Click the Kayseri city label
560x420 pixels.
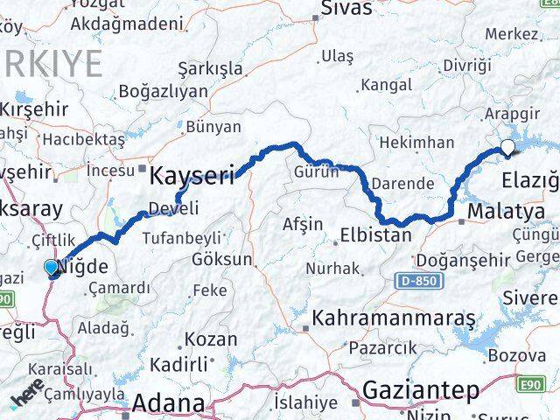(192, 176)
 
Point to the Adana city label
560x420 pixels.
(170, 403)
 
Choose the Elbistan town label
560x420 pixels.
(375, 234)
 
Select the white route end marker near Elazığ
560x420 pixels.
(507, 147)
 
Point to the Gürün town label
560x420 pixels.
(316, 171)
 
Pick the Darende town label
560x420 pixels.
(402, 184)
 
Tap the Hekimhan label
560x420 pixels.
(416, 142)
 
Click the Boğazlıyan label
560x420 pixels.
(163, 91)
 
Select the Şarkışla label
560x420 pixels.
(211, 67)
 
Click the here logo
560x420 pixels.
(28, 397)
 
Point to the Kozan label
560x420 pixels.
(210, 339)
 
